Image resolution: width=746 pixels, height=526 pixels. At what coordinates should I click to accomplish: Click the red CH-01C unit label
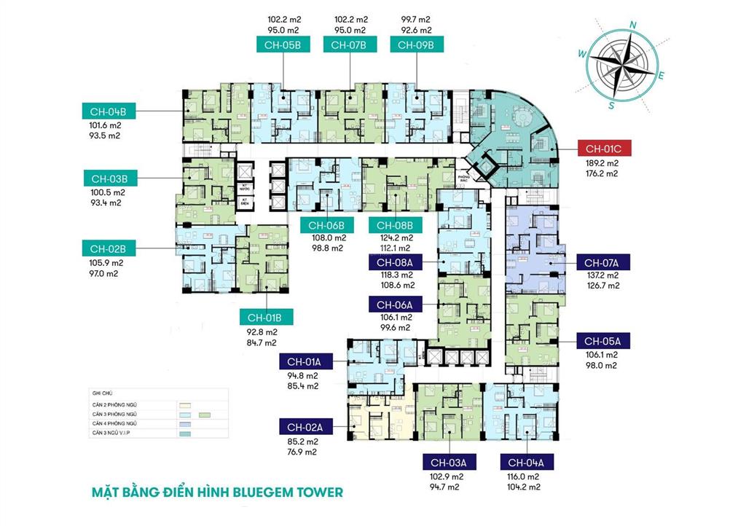click(x=603, y=149)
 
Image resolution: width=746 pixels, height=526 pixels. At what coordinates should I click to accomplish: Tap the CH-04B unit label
click(x=109, y=112)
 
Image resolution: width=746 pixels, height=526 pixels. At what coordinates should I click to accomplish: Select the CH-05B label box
click(x=283, y=45)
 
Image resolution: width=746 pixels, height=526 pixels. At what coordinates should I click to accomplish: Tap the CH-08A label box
click(x=396, y=262)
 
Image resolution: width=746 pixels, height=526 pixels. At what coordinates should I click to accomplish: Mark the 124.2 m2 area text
click(x=395, y=238)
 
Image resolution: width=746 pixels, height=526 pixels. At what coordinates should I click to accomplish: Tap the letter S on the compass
click(x=612, y=105)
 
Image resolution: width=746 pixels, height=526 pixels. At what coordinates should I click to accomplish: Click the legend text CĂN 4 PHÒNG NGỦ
click(x=116, y=423)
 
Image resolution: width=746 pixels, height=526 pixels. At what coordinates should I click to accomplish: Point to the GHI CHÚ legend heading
click(x=103, y=391)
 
